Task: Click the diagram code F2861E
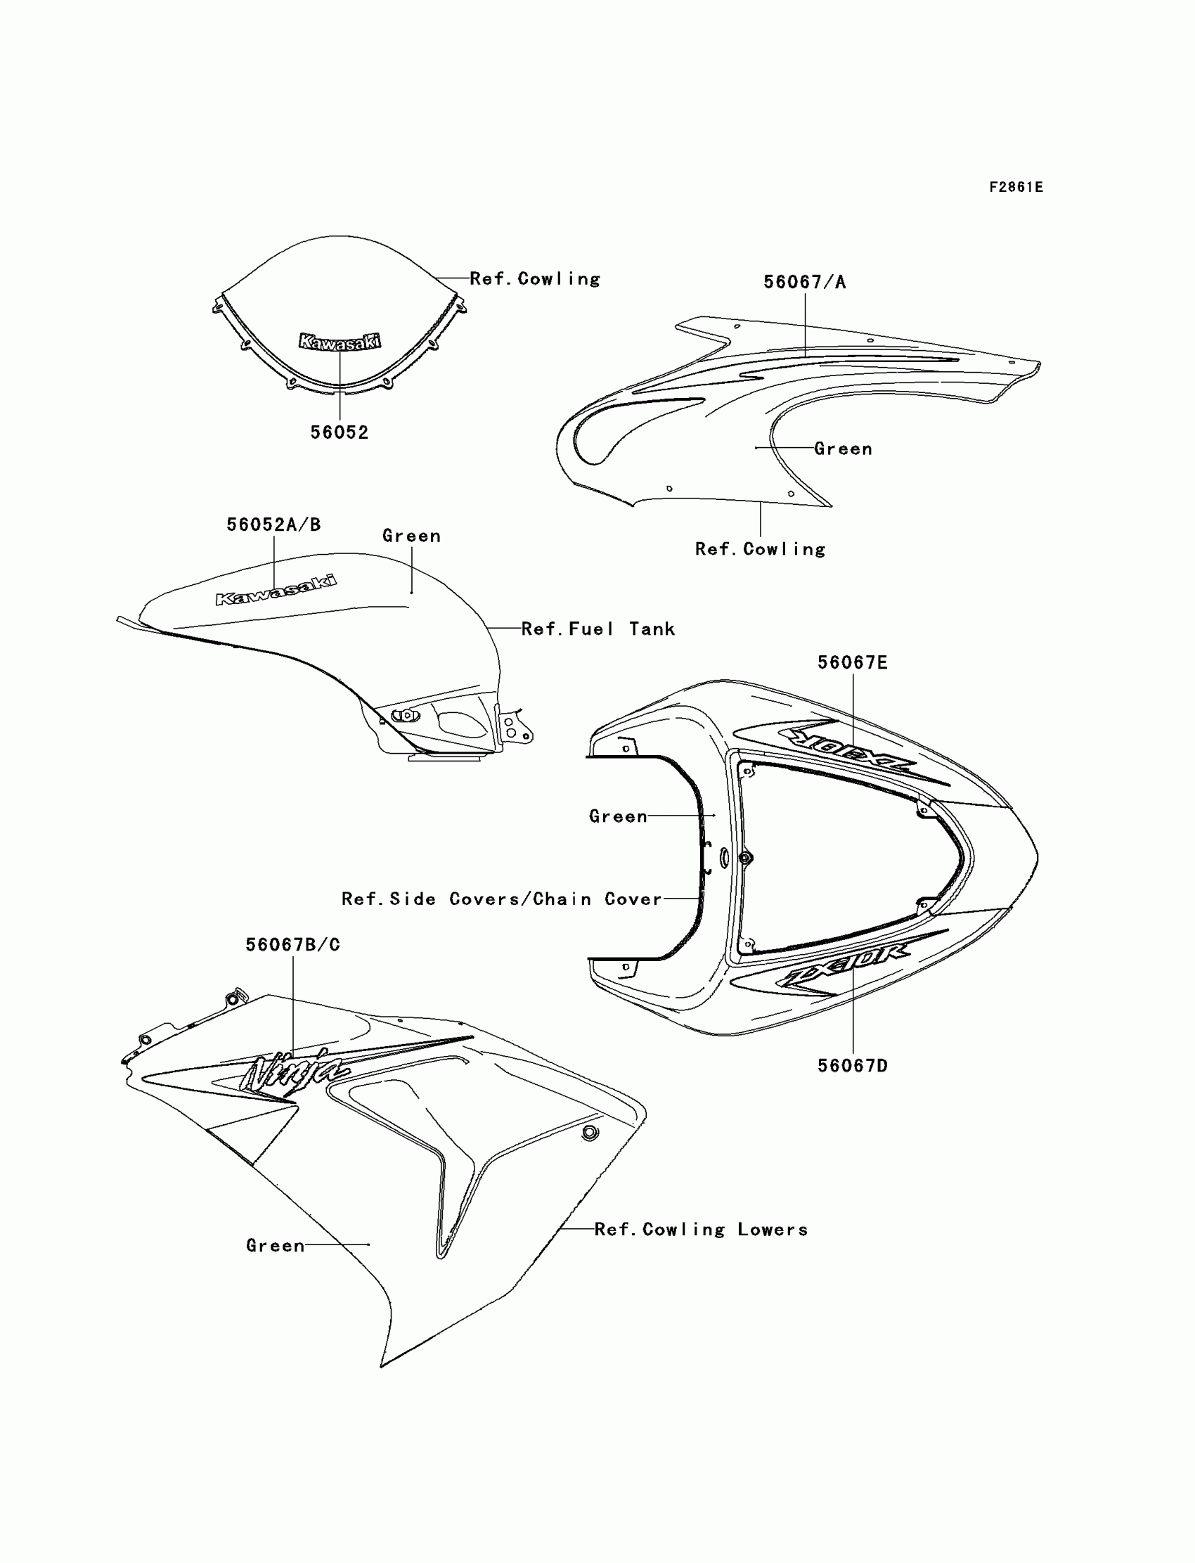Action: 1016,187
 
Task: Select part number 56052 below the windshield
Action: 340,432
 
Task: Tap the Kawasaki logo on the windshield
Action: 340,342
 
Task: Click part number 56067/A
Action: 804,283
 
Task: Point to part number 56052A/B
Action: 274,525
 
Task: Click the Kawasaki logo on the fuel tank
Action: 276,590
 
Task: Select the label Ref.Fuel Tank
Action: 598,629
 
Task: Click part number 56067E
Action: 852,663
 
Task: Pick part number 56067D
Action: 852,1066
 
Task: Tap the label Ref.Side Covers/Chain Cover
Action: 501,899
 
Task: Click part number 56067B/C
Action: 293,945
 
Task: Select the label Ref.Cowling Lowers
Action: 701,1229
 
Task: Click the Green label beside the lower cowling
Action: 276,1245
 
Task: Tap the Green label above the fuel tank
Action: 411,536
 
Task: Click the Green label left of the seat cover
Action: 617,817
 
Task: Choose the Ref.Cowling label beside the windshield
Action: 535,279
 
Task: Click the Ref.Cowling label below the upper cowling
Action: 760,549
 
